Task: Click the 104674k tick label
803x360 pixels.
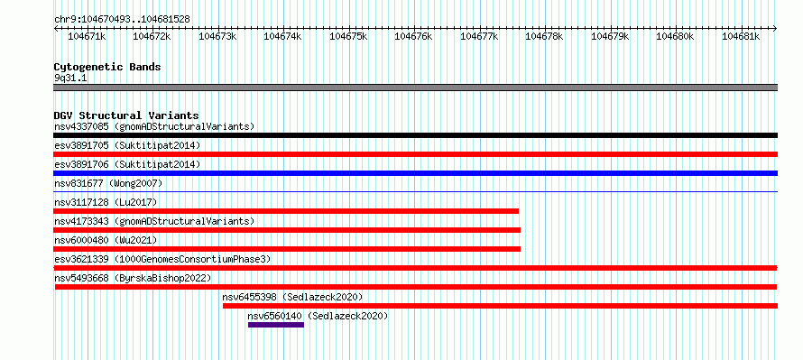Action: (282, 36)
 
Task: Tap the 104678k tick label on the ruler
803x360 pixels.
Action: (544, 36)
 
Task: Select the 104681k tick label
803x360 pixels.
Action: (741, 36)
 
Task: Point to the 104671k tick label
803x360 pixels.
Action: (87, 36)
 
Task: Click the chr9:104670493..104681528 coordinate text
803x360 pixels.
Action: (123, 20)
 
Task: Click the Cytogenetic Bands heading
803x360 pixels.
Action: (107, 67)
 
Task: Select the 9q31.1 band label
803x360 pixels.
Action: (70, 78)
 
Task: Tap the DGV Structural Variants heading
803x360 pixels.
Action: (126, 115)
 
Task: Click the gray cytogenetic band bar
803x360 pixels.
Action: (415, 88)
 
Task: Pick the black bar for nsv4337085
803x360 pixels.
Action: (415, 135)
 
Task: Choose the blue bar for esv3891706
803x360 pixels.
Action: (415, 173)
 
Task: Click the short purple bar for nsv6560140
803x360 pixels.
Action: (276, 325)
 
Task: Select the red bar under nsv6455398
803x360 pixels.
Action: (501, 306)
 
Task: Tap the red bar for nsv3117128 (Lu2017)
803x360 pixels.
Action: (286, 211)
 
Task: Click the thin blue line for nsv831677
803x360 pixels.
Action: (415, 192)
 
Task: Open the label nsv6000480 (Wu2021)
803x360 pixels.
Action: (106, 240)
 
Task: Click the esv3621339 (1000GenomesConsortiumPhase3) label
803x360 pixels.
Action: (162, 259)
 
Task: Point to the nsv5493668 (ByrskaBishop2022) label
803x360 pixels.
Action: (133, 278)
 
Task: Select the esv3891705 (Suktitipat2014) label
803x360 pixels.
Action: (127, 145)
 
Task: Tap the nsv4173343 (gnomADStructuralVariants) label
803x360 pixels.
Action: (154, 221)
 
